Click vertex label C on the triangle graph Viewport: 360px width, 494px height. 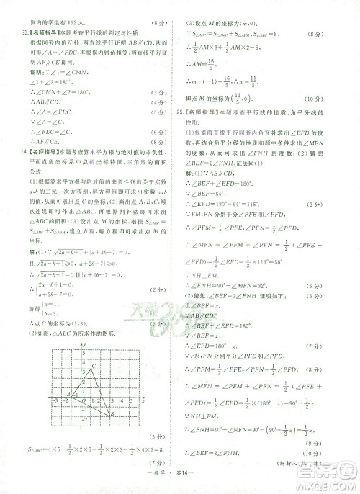(x=93, y=369)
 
